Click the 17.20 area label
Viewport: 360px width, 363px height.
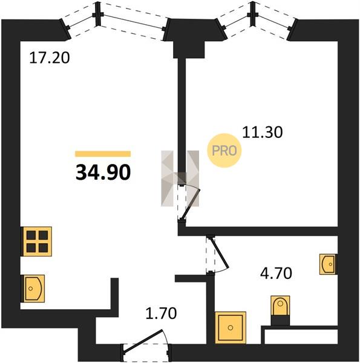50,58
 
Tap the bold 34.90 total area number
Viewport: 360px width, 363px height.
103,172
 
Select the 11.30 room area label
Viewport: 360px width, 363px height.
263,132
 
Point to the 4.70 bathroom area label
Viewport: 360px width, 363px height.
276,273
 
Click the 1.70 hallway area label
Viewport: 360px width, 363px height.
161,313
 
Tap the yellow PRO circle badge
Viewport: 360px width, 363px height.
224,151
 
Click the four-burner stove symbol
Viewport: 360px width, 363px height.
36,241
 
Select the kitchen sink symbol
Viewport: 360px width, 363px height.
33,289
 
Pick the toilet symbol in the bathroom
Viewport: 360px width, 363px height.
280,306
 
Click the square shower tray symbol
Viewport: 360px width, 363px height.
231,327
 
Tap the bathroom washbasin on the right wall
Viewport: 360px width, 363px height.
327,264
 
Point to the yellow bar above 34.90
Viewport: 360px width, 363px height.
103,154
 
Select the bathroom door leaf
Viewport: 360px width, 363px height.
220,252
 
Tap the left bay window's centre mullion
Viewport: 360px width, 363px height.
98,15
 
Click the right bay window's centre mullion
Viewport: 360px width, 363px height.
253,15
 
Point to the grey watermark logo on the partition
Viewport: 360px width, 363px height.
180,178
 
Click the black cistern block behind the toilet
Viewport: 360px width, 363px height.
280,321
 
